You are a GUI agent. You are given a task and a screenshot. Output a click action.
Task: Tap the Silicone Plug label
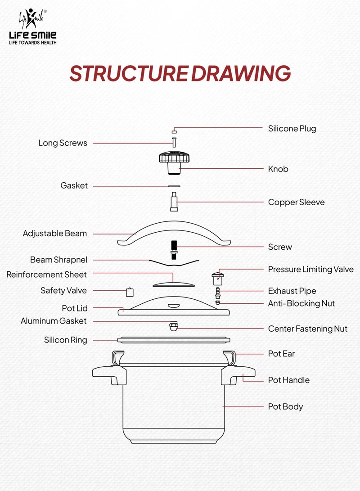[292, 129]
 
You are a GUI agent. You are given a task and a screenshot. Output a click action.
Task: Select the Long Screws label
[63, 143]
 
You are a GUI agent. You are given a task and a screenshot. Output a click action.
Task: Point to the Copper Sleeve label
[296, 203]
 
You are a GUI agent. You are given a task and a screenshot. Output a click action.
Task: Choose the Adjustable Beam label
[55, 234]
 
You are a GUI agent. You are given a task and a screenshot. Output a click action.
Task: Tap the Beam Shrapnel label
[58, 260]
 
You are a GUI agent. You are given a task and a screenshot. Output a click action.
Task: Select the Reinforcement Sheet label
[46, 275]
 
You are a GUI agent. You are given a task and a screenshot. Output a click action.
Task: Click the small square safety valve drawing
[130, 292]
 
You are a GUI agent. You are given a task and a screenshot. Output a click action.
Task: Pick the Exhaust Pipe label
[292, 291]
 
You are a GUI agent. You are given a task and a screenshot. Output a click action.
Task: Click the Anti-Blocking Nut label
[301, 304]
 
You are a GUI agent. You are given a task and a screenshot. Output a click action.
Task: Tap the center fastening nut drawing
[172, 325]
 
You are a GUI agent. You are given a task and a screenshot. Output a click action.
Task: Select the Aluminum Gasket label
[54, 321]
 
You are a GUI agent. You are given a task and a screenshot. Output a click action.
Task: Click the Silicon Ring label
[66, 340]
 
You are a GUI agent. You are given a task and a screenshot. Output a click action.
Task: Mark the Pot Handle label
[289, 380]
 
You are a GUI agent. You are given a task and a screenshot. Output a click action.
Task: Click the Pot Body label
[285, 407]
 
